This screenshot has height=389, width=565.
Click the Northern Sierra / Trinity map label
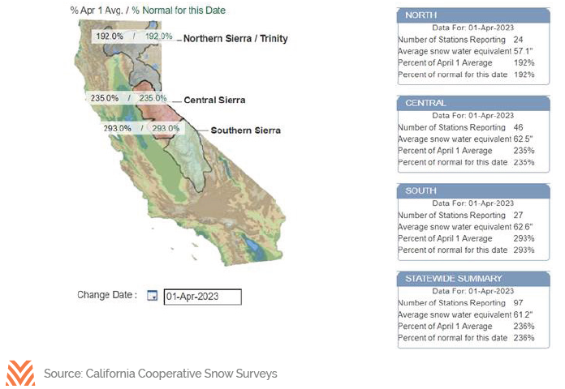235,39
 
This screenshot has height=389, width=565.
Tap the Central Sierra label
214,100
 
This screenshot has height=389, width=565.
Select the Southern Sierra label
246,130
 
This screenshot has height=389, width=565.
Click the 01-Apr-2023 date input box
202,297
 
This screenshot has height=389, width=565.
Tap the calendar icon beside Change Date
153,296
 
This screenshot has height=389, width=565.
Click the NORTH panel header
473,15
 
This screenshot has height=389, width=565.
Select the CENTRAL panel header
473,103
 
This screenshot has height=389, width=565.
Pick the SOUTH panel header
473,191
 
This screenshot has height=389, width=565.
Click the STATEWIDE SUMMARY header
473,279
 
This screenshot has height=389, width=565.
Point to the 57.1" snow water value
523,51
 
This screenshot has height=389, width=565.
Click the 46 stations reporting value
518,127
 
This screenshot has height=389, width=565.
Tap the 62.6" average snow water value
523,227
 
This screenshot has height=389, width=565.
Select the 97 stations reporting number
518,303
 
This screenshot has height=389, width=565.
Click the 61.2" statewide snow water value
523,314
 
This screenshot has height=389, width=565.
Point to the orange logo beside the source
20,373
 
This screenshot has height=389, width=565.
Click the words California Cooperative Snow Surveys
182,374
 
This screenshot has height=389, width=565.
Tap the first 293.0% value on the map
118,128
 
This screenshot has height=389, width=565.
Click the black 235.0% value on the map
105,98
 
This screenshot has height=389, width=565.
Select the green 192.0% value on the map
158,36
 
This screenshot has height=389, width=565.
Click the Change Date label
107,295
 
